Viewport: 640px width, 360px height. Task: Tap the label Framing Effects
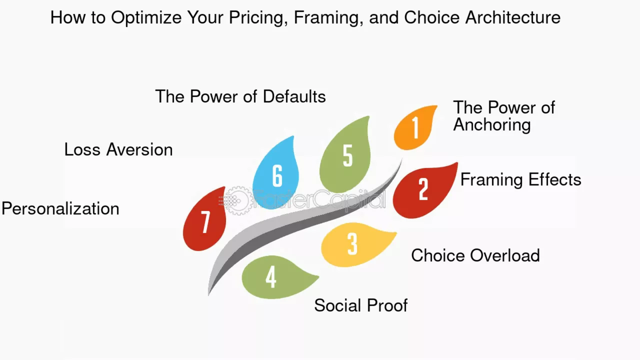(521, 180)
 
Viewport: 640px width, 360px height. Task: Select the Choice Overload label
(475, 256)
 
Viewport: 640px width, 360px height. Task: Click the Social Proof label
(361, 305)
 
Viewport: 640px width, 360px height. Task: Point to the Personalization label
(60, 209)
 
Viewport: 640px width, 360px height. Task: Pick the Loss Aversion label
(118, 150)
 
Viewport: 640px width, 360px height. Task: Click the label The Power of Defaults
(240, 97)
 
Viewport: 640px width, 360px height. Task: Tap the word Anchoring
(492, 125)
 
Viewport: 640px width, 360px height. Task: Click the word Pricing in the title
(258, 18)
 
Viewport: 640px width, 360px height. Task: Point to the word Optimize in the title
(146, 18)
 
